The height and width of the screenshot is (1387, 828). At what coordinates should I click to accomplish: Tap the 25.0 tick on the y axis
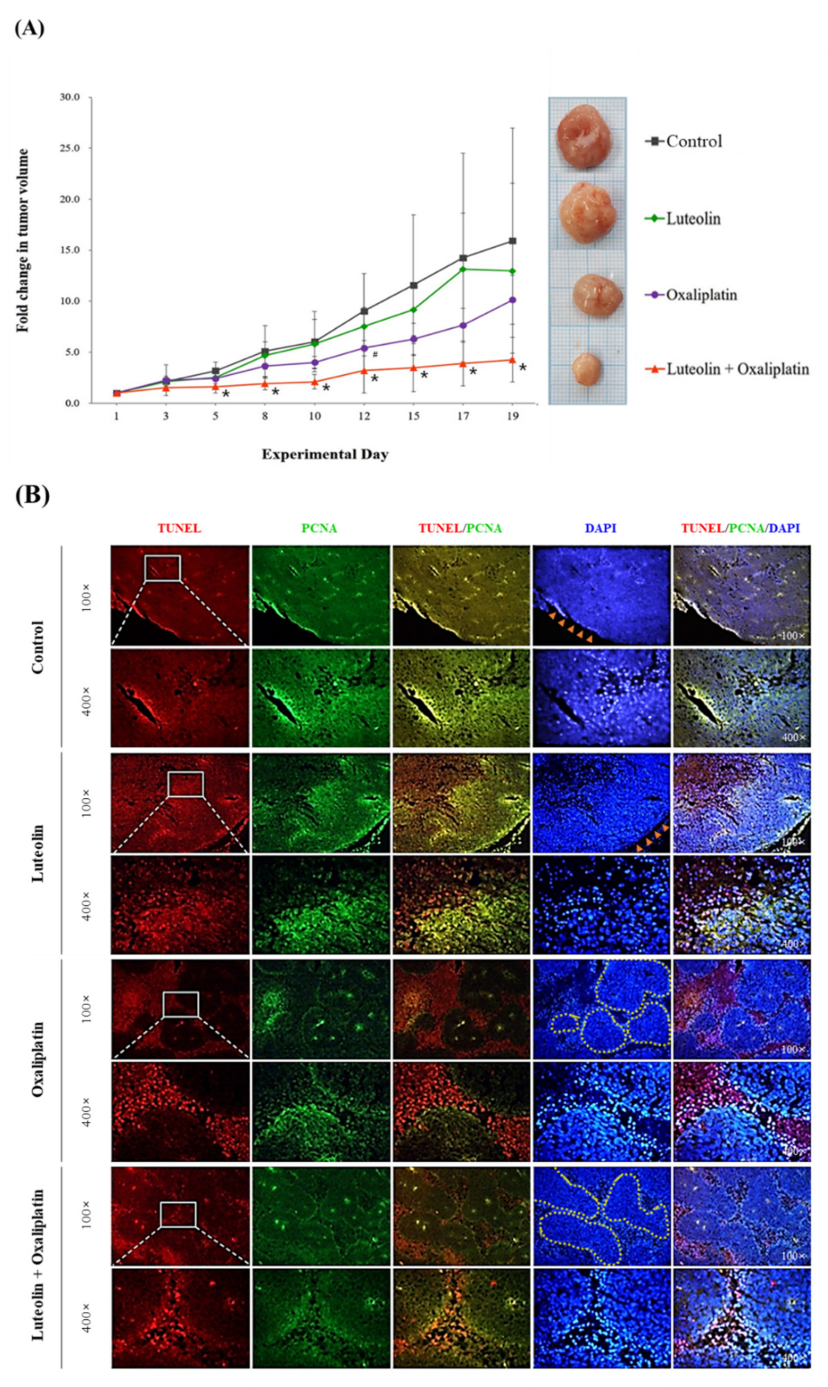(70, 148)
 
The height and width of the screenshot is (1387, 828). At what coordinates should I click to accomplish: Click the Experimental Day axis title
(325, 454)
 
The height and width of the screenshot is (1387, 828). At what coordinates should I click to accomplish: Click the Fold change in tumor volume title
(23, 240)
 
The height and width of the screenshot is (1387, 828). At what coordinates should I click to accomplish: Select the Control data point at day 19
(512, 241)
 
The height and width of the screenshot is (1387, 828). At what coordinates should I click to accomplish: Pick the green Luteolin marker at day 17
(462, 269)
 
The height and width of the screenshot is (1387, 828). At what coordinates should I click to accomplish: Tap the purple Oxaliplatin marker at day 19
(512, 300)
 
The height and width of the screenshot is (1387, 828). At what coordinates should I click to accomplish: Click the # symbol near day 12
(375, 354)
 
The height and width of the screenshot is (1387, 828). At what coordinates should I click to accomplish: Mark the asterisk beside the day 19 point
(523, 368)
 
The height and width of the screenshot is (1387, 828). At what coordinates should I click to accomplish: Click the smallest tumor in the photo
(586, 368)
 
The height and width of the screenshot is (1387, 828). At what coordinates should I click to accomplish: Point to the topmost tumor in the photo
(584, 137)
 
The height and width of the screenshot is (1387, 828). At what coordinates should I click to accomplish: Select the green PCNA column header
(319, 528)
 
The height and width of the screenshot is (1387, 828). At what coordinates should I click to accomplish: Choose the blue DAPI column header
(600, 528)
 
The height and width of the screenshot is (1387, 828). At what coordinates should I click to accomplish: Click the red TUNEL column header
(179, 528)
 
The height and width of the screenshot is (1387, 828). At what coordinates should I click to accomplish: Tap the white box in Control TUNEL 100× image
(162, 568)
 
